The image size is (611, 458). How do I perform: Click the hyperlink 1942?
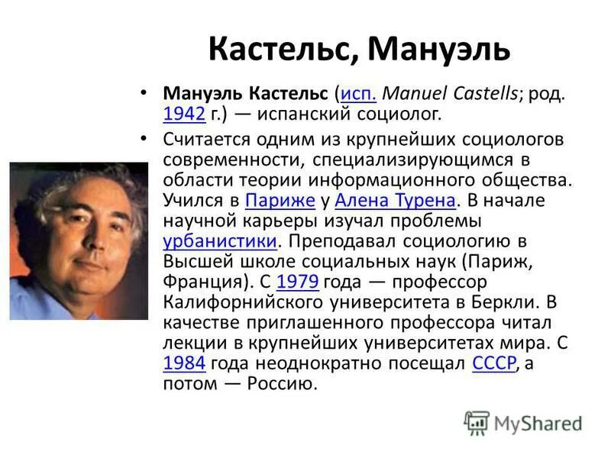[184, 114]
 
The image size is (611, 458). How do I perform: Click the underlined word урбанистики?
[219, 241]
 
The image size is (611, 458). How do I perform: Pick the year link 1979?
[297, 282]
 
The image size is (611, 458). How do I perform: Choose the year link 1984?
[184, 363]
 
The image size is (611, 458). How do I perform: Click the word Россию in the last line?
[281, 383]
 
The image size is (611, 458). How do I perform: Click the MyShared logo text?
[538, 422]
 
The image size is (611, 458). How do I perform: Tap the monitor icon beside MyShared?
[477, 422]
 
